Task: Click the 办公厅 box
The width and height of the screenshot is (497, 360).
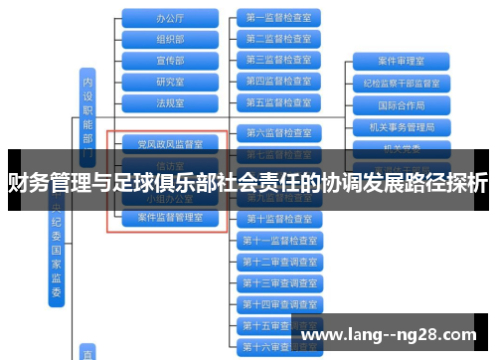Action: point(170,18)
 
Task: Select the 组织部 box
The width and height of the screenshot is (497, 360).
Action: point(170,39)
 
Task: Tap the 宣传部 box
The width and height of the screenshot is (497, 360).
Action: point(170,60)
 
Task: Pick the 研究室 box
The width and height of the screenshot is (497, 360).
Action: point(170,81)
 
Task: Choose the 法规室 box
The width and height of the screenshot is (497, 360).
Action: point(170,101)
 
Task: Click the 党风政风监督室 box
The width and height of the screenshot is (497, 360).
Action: point(170,144)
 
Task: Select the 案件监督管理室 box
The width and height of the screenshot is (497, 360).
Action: point(170,217)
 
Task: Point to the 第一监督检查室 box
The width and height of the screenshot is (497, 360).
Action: point(279,18)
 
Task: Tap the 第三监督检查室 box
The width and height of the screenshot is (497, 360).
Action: point(279,60)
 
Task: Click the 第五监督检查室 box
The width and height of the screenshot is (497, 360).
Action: point(279,101)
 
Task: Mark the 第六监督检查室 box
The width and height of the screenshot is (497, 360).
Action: point(279,132)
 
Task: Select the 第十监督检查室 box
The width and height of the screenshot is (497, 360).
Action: point(279,218)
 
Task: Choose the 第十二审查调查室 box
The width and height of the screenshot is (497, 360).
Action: point(279,261)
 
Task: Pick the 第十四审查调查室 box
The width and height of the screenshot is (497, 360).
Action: point(279,303)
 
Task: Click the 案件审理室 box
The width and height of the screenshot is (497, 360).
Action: point(402,61)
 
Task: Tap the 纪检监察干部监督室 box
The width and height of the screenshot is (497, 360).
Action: point(402,83)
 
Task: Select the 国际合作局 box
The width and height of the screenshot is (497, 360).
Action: point(402,104)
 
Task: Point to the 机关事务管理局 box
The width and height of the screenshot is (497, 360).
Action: point(402,126)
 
